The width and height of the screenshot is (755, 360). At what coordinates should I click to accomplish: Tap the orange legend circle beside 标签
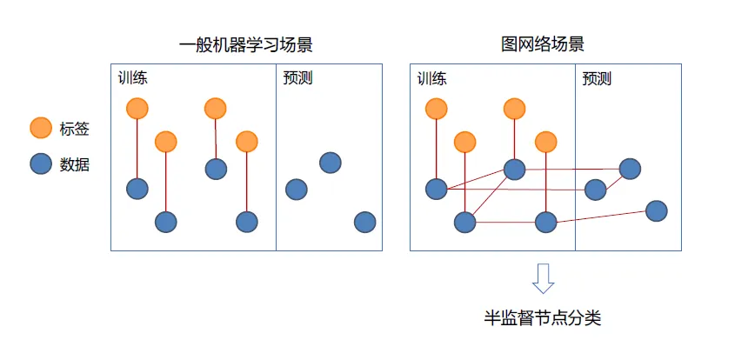[41, 129]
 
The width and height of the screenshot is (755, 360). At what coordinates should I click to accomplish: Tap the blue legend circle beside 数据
[41, 163]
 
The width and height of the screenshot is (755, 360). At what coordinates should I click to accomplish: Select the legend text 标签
[74, 130]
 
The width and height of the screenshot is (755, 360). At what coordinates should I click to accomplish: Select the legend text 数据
[74, 164]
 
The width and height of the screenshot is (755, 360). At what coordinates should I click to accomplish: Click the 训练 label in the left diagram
[133, 77]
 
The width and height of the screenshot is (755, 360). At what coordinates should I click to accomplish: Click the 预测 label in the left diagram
[297, 77]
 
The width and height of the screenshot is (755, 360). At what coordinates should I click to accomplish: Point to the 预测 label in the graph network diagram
[597, 77]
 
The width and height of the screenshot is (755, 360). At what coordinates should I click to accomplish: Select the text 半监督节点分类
[543, 318]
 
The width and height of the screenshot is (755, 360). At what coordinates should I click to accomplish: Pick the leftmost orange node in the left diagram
[137, 109]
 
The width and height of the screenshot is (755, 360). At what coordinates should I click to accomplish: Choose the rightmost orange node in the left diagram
[247, 141]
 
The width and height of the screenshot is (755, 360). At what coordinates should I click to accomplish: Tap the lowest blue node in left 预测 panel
[364, 222]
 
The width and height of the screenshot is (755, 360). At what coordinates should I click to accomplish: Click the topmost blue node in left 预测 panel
[330, 163]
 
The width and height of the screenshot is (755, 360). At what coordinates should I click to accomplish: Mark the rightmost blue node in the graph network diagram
[657, 210]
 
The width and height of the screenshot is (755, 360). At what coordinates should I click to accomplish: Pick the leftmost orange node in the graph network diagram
[436, 109]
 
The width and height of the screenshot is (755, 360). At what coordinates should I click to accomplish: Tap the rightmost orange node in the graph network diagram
[545, 141]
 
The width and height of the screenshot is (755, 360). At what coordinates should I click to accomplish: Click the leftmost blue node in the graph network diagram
[436, 189]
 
